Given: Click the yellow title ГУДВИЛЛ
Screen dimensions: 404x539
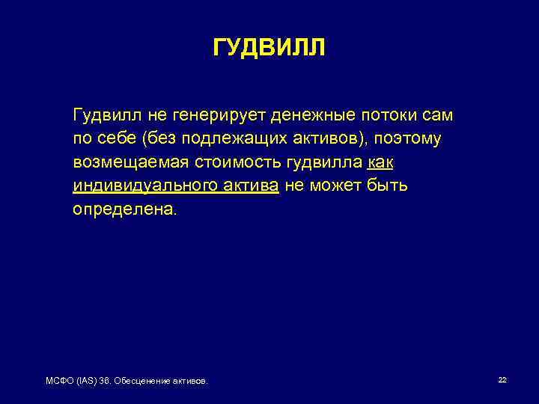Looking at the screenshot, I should (x=269, y=49).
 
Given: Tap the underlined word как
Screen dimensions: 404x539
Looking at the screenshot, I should (x=381, y=162).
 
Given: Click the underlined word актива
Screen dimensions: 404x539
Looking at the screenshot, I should (x=251, y=186).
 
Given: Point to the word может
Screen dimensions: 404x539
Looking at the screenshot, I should (x=335, y=186).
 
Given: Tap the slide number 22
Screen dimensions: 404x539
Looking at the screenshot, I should (x=502, y=380).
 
